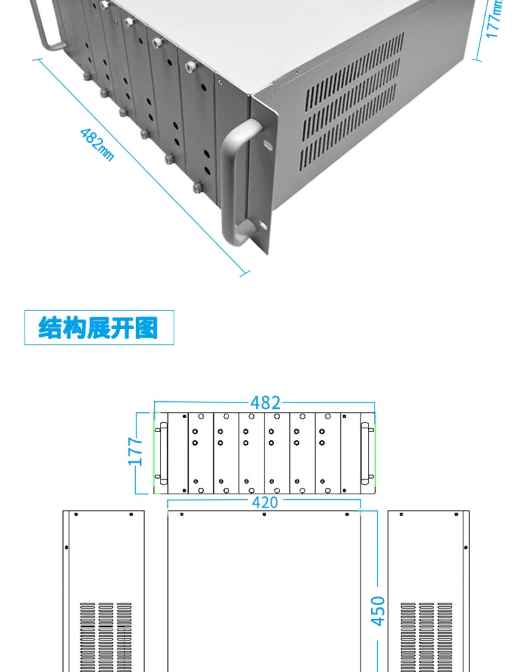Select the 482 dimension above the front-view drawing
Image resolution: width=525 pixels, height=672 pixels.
[x=265, y=403]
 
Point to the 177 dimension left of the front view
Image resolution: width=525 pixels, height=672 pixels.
[x=136, y=451]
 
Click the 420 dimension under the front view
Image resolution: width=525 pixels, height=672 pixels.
[x=265, y=503]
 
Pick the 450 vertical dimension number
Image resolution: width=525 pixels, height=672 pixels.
[x=378, y=611]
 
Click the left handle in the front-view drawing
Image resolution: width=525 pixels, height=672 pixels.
[x=163, y=453]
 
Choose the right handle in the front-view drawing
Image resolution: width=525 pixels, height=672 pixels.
[x=365, y=453]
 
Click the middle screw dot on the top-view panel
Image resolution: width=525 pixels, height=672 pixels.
[x=264, y=514]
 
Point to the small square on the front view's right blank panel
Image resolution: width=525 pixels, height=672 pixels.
[x=344, y=416]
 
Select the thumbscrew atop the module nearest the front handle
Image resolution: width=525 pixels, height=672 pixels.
[x=190, y=66]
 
